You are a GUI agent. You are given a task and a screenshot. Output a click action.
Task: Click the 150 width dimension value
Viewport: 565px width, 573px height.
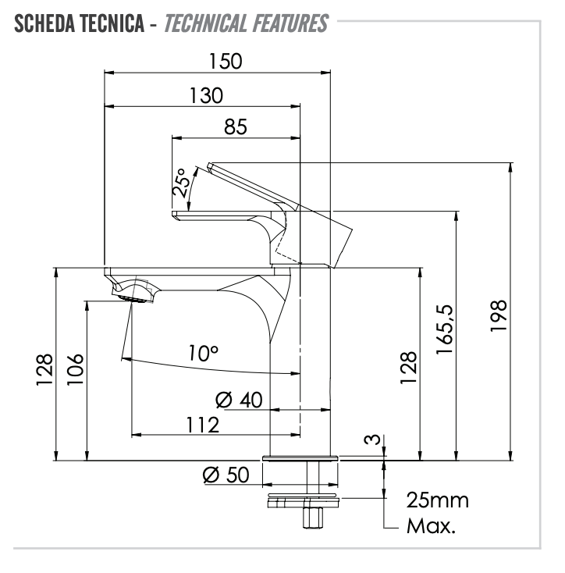tap(226, 62)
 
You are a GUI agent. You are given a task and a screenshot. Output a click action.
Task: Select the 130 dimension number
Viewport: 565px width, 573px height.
tap(206, 96)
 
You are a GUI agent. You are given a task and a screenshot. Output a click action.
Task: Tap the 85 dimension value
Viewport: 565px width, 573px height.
tap(236, 126)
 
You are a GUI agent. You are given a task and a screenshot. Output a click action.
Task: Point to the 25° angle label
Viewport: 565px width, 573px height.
tap(181, 183)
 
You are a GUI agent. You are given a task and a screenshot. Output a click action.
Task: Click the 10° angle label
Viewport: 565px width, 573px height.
tap(204, 354)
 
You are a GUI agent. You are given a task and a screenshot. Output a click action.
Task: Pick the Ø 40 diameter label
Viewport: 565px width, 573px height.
tap(239, 400)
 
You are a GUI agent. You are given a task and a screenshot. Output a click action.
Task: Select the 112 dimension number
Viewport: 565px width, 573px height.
tap(203, 425)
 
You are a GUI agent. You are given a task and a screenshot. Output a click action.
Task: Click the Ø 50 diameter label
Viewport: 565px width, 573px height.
tap(226, 475)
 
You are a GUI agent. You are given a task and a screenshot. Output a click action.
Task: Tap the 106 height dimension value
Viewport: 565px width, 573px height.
tap(75, 369)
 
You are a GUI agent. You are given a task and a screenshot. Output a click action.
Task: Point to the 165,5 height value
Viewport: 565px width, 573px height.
tap(445, 329)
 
